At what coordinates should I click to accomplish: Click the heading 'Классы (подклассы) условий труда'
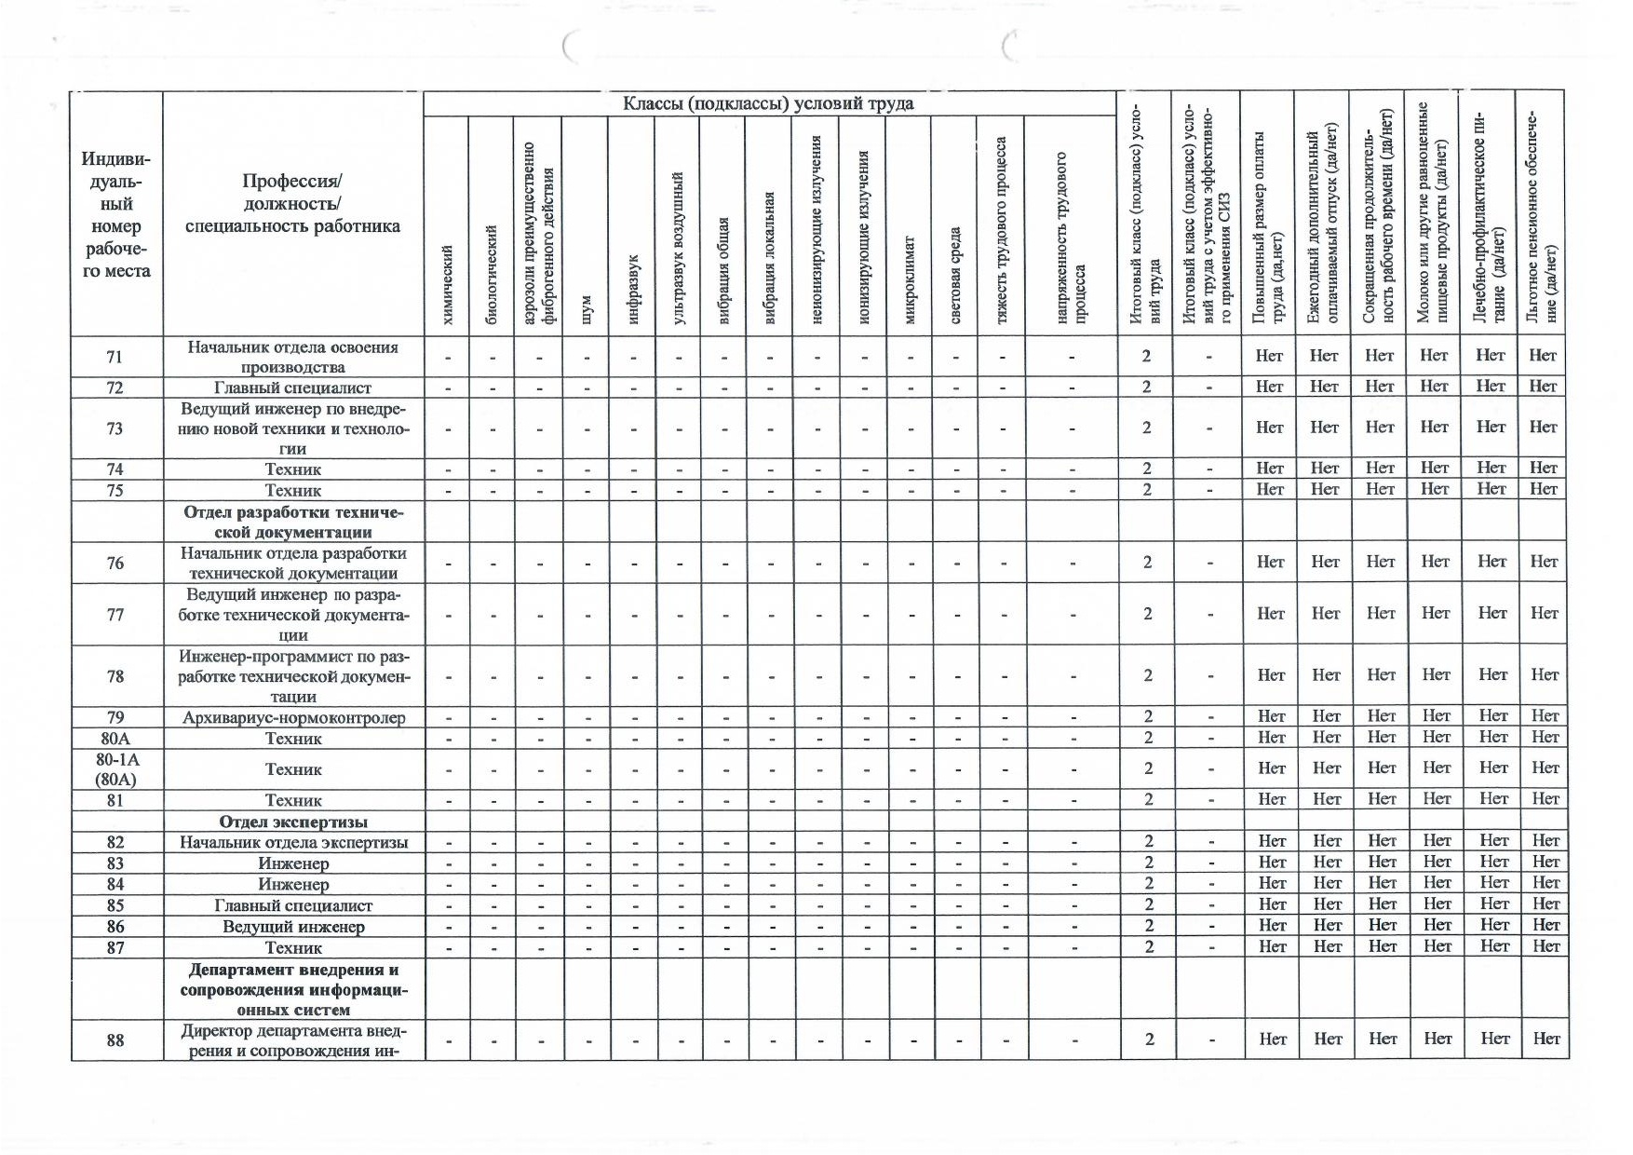[768, 103]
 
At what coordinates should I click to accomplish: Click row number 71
[115, 357]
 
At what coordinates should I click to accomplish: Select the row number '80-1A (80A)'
[116, 769]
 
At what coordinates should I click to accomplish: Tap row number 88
[115, 1039]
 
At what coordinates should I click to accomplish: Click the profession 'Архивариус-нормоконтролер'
[293, 717]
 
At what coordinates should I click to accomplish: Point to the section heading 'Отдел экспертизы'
[293, 822]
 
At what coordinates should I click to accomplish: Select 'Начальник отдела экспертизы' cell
[293, 842]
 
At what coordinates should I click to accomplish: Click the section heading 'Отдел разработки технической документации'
[293, 523]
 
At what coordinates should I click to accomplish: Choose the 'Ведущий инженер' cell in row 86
[293, 927]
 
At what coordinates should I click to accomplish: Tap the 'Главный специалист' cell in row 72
[293, 387]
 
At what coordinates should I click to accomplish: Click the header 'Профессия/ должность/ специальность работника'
[293, 204]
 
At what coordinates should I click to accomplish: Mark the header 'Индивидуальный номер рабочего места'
[116, 215]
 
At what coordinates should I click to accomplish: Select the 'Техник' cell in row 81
[293, 800]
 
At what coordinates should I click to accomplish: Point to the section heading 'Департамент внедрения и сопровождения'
[293, 989]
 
